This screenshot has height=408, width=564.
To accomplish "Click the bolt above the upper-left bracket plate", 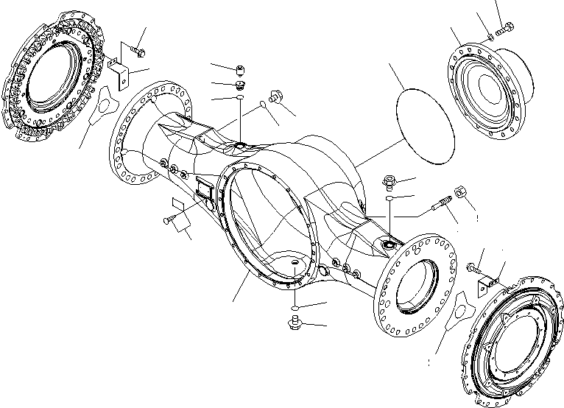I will (138, 51).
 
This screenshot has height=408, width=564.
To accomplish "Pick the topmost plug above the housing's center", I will (240, 70).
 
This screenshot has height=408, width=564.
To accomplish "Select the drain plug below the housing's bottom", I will (295, 323).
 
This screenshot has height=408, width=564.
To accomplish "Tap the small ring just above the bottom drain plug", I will (295, 306).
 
